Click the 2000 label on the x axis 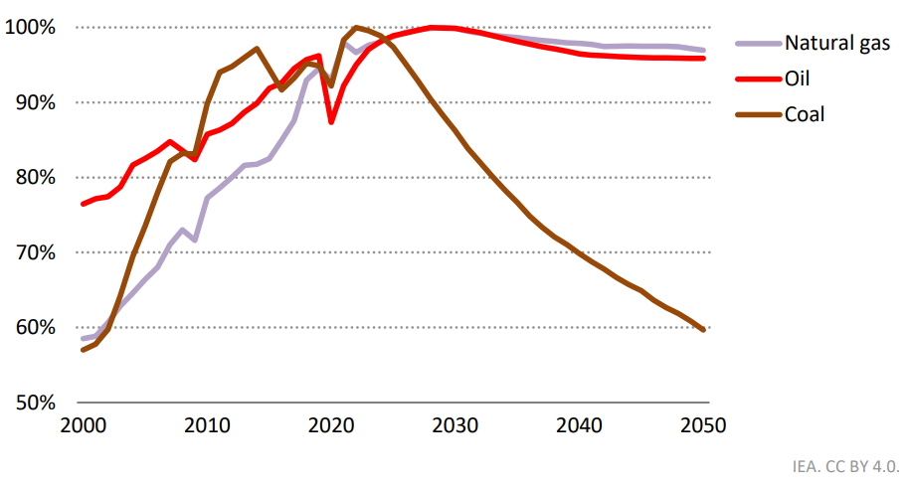click(x=83, y=426)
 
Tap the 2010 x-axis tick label click(x=207, y=426)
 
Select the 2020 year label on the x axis click(x=331, y=426)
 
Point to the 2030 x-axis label click(x=455, y=426)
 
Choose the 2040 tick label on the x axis click(x=580, y=426)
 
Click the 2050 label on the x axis click(x=703, y=426)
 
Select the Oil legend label click(x=798, y=79)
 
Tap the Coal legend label click(x=805, y=114)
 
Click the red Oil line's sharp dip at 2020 click(x=331, y=121)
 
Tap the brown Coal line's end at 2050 click(x=703, y=329)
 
